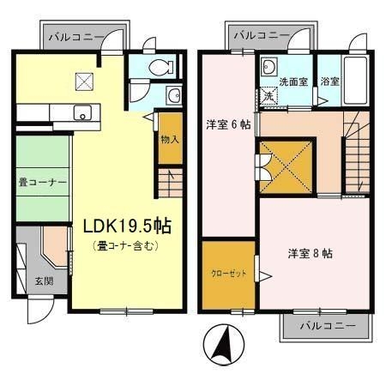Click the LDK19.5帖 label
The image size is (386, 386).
[127, 226]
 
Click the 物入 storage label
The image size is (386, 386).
[170, 139]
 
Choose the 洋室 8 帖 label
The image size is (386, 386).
[311, 253]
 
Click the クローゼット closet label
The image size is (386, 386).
[227, 274]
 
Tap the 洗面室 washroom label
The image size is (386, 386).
[293, 82]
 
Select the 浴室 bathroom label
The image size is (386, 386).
[331, 82]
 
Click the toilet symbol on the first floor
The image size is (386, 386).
[158, 67]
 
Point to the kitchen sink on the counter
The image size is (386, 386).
[83, 112]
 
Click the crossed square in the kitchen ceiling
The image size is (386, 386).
[84, 82]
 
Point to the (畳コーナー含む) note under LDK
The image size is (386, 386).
[127, 247]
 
